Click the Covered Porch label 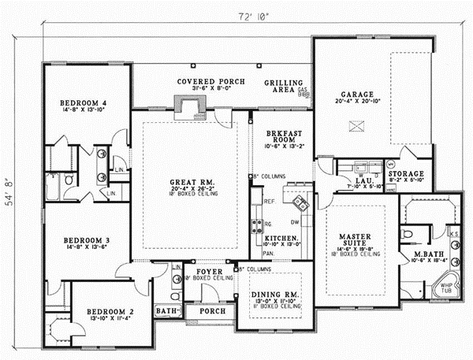tap(210, 81)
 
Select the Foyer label tap(210, 271)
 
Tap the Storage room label tap(406, 173)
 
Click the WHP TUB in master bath tap(446, 288)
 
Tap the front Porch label tap(212, 311)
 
